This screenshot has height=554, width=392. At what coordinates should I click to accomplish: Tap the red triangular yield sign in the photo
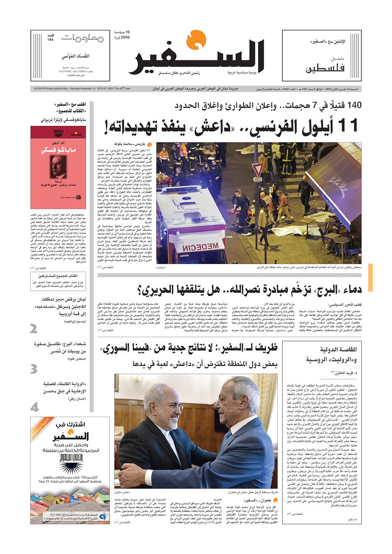pyautogui.click(x=258, y=169)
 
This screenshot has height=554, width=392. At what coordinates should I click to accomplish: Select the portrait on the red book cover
pyautogui.click(x=58, y=167)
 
